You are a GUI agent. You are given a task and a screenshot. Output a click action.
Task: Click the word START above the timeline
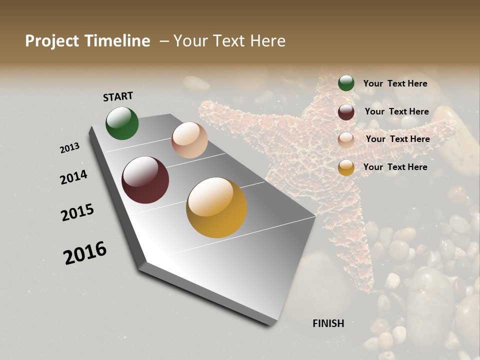(118, 96)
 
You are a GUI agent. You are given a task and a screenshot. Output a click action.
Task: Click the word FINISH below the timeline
(328, 323)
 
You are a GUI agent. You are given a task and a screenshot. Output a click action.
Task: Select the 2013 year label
(69, 148)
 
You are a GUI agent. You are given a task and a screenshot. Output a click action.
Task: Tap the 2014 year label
(73, 177)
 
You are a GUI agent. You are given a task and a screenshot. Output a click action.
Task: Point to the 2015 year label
(77, 212)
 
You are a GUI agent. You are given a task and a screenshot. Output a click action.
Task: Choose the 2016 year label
(85, 253)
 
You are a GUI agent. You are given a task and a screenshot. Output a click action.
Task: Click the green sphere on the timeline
(122, 123)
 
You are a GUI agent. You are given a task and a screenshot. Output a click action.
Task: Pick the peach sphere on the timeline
(189, 140)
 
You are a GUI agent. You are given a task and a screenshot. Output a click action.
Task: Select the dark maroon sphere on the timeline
(145, 180)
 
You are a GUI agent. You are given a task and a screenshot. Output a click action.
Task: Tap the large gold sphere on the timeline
(216, 207)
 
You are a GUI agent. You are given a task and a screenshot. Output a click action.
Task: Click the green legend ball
(346, 83)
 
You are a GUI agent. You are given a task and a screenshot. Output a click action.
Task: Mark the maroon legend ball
(346, 112)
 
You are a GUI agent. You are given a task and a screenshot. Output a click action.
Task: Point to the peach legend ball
(346, 139)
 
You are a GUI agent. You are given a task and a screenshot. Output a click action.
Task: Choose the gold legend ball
(346, 167)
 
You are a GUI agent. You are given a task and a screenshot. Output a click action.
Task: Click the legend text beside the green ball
(395, 83)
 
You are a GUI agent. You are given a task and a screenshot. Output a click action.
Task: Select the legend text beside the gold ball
(395, 167)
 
